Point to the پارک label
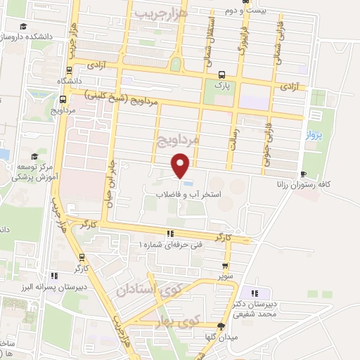pyautogui.click(x=222, y=84)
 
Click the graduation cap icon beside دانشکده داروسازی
pyautogui.click(x=24, y=27)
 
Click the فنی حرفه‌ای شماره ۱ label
pyautogui.click(x=169, y=243)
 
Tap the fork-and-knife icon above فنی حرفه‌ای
pyautogui.click(x=169, y=233)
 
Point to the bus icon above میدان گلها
pyautogui.click(x=221, y=326)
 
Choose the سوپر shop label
pyautogui.click(x=224, y=276)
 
